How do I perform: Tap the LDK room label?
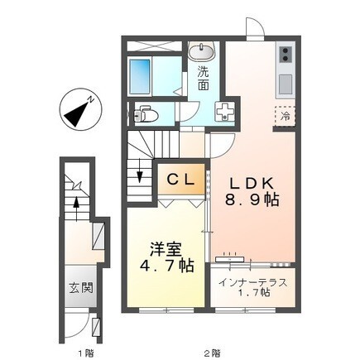(x=247, y=182)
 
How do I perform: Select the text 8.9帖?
(x=247, y=200)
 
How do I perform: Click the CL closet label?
(x=182, y=180)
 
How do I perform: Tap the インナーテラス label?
(x=252, y=282)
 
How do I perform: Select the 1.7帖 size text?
(x=252, y=294)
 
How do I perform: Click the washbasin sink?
(x=201, y=53)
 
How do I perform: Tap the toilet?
(x=147, y=113)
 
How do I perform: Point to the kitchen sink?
(x=286, y=84)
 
